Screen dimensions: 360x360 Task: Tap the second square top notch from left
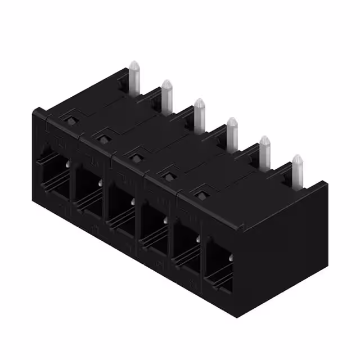[x=102, y=136]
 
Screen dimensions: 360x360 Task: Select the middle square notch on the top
[x=134, y=153]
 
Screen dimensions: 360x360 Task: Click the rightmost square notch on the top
[x=200, y=195]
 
